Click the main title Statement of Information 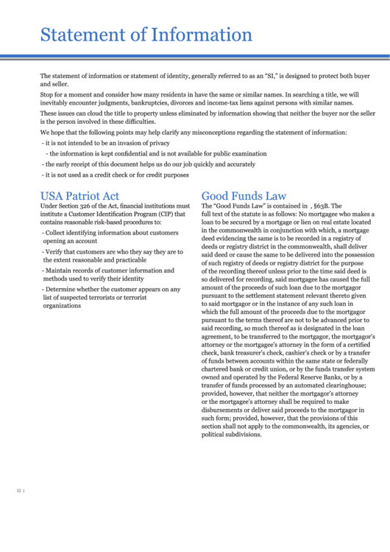[x=146, y=35]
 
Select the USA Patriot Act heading [x=79, y=195]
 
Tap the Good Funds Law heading [x=244, y=195]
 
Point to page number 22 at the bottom [x=19, y=490]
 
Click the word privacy [x=156, y=143]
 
